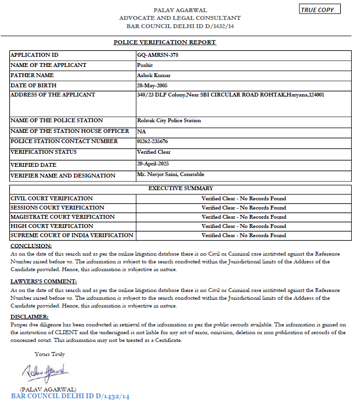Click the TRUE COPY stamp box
click(x=320, y=9)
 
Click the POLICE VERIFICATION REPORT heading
click(x=165, y=42)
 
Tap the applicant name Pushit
click(x=145, y=65)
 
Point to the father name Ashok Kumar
click(x=154, y=76)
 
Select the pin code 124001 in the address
click(x=316, y=95)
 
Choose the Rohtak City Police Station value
click(x=169, y=120)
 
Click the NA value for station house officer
click(x=141, y=131)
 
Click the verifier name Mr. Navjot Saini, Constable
click(x=171, y=174)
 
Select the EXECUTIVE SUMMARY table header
click(x=180, y=188)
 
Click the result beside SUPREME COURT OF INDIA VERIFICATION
click(x=244, y=235)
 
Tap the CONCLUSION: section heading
click(x=31, y=246)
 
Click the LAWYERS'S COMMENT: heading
click(x=43, y=282)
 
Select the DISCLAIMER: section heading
click(x=31, y=316)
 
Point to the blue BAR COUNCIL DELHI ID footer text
click(x=70, y=396)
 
